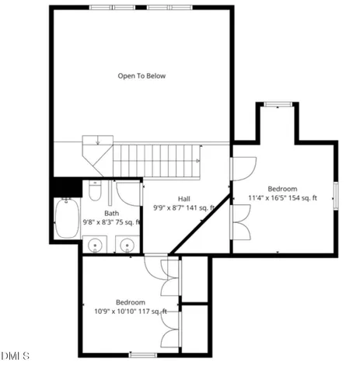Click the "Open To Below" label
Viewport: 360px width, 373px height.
[x=142, y=76]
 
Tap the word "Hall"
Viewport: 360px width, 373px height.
[x=183, y=198]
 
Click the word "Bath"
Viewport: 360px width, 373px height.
[x=112, y=213]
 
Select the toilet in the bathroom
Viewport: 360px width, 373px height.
[x=94, y=190]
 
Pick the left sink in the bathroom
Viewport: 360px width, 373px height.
[x=96, y=246]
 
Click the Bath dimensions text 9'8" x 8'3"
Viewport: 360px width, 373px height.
[x=111, y=222]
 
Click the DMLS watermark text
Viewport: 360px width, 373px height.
[x=15, y=356]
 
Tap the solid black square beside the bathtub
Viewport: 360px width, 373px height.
[x=66, y=187]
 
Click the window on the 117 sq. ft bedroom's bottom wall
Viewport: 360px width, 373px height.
[x=143, y=355]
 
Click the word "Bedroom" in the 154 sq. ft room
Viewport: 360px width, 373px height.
[x=282, y=189]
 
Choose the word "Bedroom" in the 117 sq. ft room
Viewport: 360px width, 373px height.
[x=131, y=302]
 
